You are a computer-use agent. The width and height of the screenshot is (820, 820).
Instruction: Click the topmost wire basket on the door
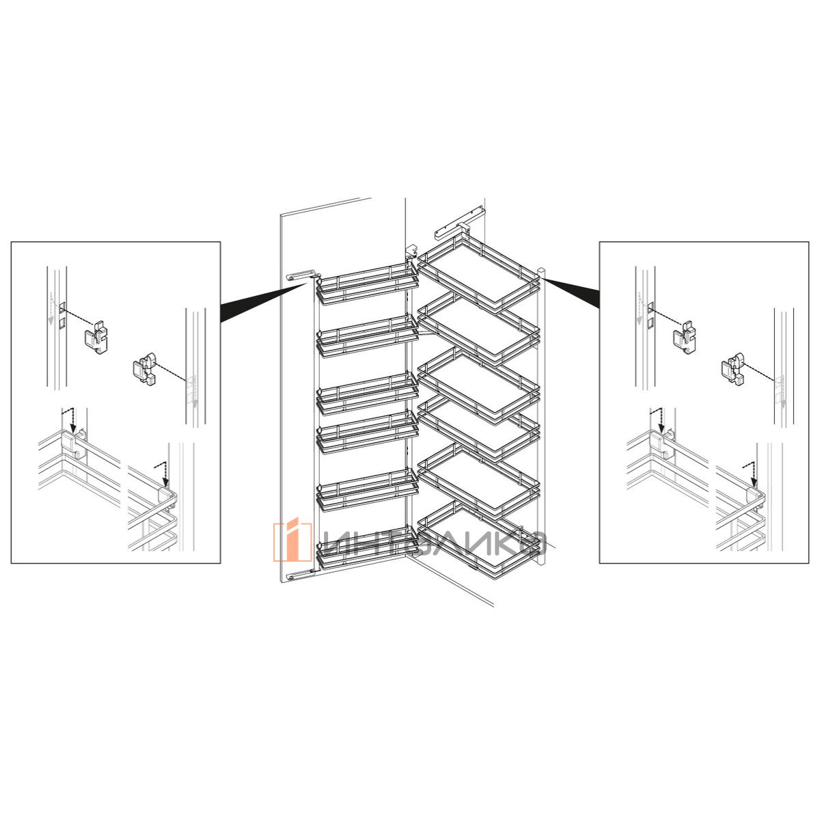366,284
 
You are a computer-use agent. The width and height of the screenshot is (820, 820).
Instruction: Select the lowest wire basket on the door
366,549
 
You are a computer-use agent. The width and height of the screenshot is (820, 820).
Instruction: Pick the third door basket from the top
366,394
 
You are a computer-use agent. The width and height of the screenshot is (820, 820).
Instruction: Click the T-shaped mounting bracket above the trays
461,224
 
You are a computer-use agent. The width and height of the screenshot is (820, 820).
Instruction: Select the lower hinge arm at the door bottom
303,575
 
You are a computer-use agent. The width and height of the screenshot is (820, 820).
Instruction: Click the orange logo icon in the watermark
292,541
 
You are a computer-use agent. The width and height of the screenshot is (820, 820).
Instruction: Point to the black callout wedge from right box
571,292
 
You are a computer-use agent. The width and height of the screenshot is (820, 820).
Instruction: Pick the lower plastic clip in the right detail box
733,368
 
